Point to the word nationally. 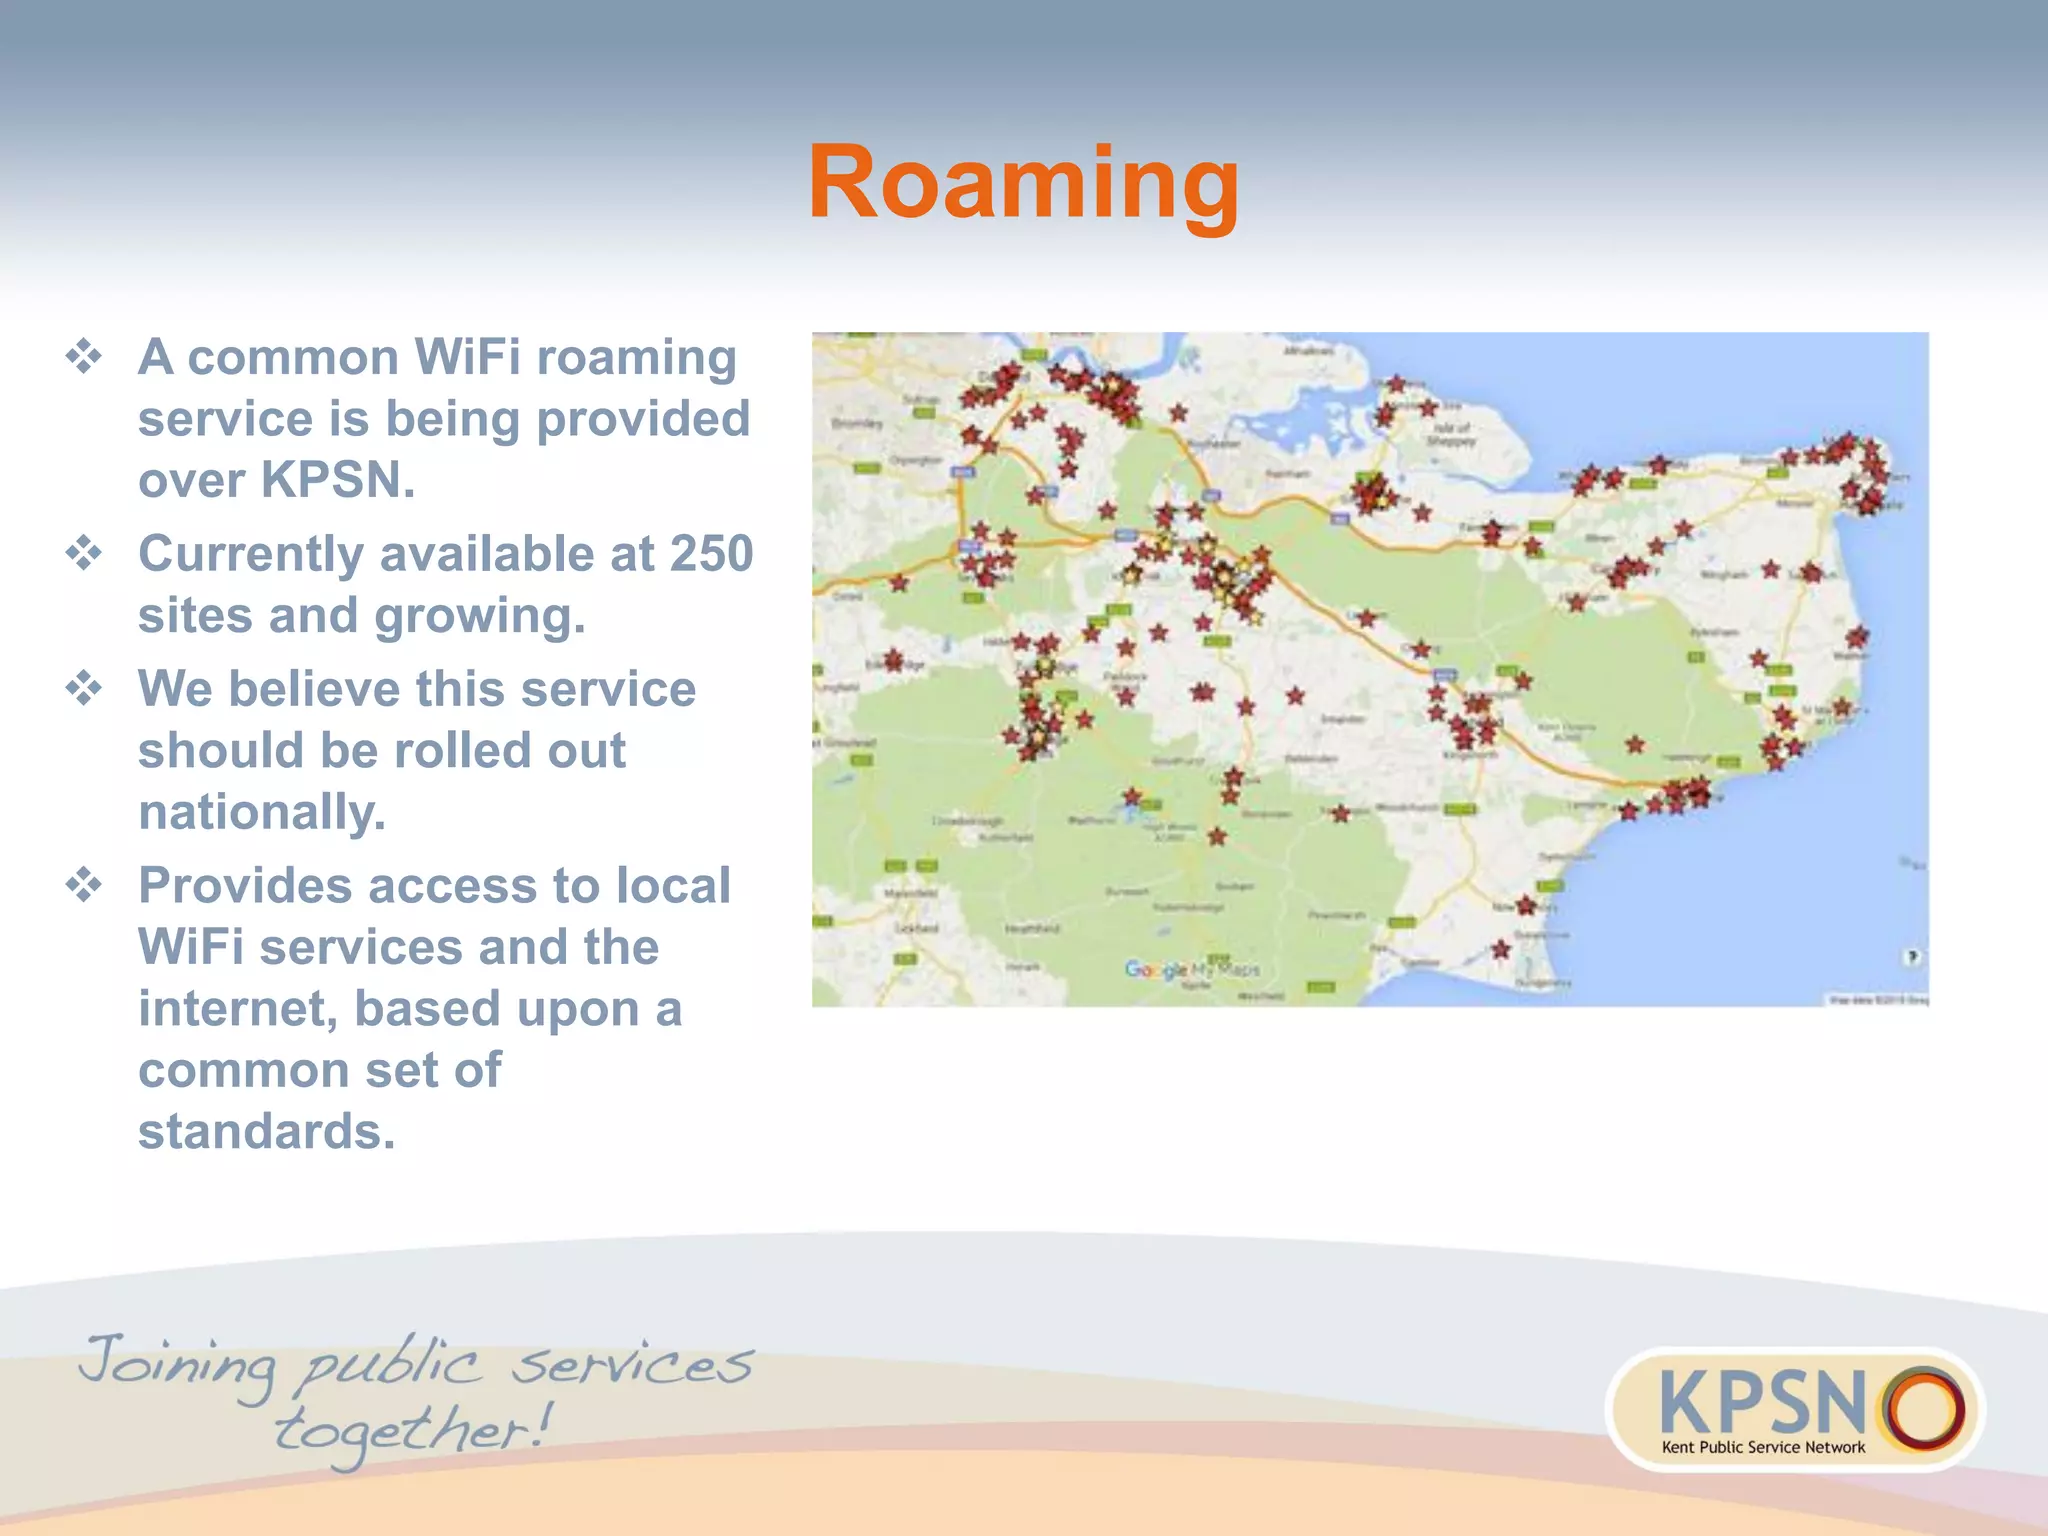coord(262,811)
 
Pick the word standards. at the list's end coord(267,1132)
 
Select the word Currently coord(251,555)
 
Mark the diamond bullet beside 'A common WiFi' coord(84,357)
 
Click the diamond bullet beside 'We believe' coord(84,689)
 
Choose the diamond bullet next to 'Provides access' coord(84,885)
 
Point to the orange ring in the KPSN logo coord(1922,1408)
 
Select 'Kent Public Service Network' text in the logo coord(1763,1447)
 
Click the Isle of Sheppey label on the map coord(1451,434)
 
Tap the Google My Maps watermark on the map coord(1192,969)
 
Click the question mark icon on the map coord(1912,957)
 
